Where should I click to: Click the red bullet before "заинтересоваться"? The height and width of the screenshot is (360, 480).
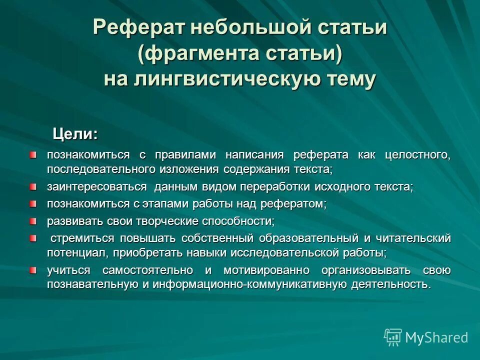(33, 187)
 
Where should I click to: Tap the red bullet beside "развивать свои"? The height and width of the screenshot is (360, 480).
(33, 220)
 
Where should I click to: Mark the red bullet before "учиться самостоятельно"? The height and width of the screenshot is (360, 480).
(33, 270)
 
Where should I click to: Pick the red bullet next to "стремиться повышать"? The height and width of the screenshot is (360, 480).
(33, 237)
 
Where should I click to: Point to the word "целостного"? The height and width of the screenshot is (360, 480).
(418, 154)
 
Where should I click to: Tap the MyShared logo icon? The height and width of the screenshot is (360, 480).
(392, 337)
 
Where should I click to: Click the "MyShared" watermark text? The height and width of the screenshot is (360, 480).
(436, 338)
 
